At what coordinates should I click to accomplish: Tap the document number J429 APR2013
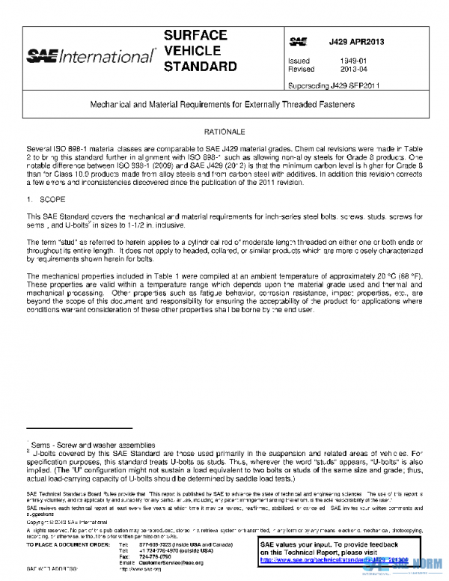click(356, 42)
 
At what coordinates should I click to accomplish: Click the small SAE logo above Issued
click(297, 42)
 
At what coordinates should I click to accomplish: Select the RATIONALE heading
click(224, 131)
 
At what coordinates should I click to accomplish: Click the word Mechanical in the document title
click(115, 106)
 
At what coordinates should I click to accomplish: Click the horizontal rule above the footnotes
click(79, 428)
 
